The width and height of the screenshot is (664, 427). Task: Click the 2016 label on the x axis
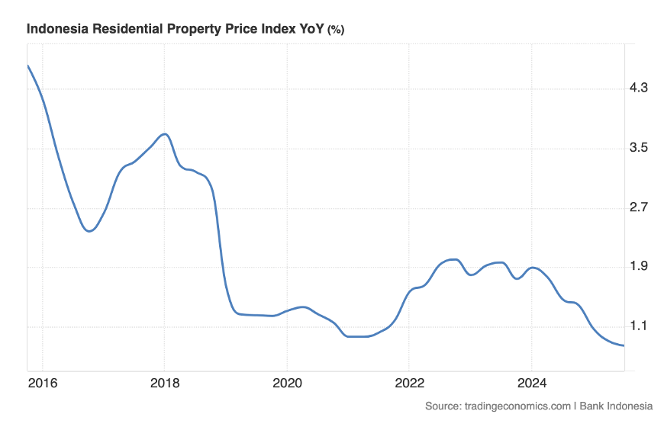(43, 382)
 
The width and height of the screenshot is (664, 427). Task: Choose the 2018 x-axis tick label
(164, 382)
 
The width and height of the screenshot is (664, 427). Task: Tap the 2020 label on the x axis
(286, 382)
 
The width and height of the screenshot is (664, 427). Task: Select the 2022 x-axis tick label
(409, 382)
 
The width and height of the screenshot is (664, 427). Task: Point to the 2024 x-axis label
(531, 382)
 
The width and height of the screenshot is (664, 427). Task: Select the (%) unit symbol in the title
(336, 30)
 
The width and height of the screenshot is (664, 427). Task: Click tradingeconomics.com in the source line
(519, 406)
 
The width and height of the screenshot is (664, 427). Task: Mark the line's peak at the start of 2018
(164, 134)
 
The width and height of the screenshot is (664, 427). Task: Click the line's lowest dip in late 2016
(89, 231)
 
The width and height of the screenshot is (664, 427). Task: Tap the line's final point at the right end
(624, 345)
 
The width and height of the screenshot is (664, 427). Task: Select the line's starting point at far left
(27, 66)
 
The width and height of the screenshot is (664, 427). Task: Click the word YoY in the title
(311, 29)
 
